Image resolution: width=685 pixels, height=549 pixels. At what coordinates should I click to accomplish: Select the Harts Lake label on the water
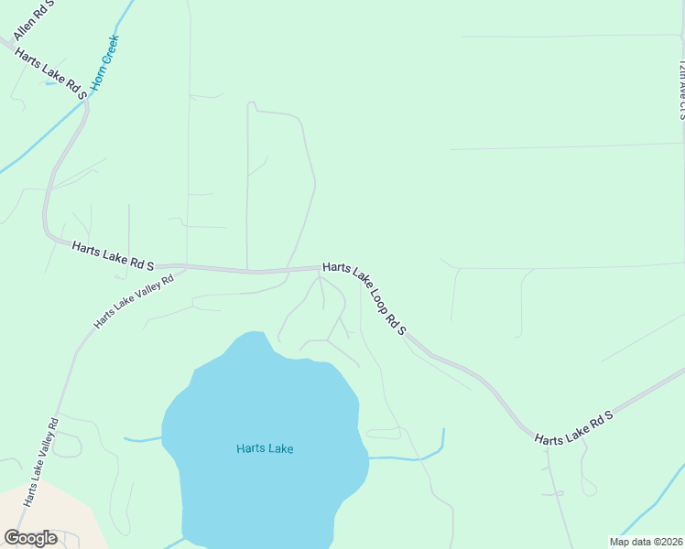tap(264, 448)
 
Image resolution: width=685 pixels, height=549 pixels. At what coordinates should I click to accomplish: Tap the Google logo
tap(30, 538)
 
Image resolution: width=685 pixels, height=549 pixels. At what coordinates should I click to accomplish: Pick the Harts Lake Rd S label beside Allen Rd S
tap(50, 71)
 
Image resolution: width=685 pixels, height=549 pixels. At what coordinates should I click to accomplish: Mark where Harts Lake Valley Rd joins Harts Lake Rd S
tap(186, 267)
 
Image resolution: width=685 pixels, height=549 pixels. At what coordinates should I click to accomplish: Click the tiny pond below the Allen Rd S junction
tap(50, 83)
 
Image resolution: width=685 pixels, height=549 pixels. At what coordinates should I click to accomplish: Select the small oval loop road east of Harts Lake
tap(384, 432)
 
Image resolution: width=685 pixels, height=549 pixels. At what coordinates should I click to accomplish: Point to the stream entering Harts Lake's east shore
tap(403, 457)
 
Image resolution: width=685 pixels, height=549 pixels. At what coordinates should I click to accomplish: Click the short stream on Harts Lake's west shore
tap(142, 440)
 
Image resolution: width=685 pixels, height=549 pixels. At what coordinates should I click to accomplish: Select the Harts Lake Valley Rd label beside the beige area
tap(41, 462)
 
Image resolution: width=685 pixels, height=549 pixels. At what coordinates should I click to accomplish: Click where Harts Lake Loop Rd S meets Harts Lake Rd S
tap(321, 267)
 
